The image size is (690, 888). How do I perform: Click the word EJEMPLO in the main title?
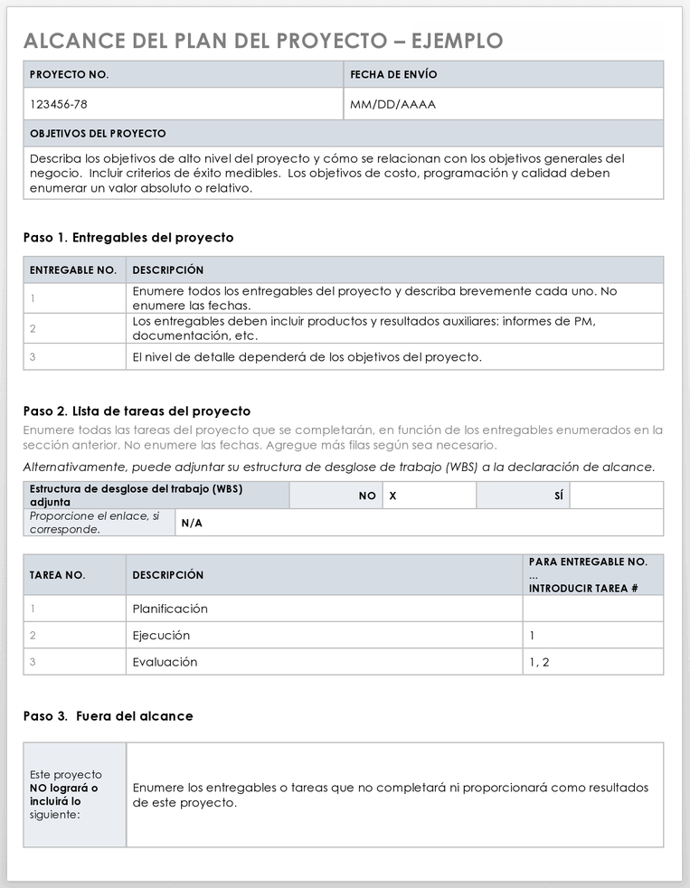(457, 41)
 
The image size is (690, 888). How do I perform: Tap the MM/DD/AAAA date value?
(392, 104)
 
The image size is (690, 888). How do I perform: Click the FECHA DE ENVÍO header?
(393, 74)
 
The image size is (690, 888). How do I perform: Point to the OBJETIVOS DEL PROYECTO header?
(98, 133)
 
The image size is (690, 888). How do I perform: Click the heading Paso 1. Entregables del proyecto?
(128, 238)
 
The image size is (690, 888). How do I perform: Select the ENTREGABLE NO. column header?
(73, 269)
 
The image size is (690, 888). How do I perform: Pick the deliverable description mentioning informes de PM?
(364, 328)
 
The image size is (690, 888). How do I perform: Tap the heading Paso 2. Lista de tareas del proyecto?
(137, 411)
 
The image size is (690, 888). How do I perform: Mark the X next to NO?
(393, 496)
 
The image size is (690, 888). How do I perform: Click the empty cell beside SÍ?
(616, 496)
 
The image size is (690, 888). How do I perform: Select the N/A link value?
(192, 523)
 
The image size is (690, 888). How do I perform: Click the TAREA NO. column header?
(58, 575)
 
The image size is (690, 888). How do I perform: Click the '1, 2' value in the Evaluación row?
(539, 662)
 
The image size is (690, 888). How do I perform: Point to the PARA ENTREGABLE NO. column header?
(588, 562)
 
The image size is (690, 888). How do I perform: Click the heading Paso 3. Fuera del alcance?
(108, 716)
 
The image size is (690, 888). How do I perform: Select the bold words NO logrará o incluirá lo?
(63, 794)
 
